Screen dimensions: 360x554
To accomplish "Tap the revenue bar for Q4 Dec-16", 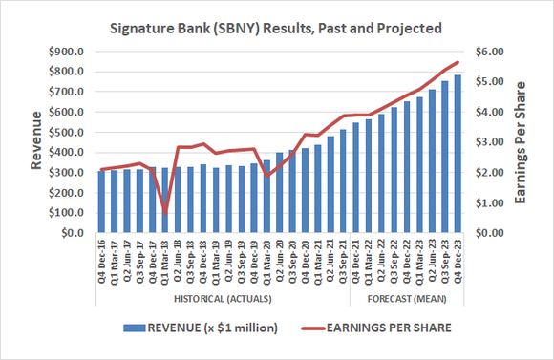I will click(x=101, y=201).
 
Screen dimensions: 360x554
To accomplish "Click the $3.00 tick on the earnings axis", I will click(x=489, y=142).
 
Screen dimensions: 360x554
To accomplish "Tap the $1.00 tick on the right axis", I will click(x=489, y=202).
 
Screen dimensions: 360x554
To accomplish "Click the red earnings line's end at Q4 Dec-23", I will click(x=458, y=62).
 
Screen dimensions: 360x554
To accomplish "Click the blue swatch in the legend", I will click(x=134, y=329).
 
